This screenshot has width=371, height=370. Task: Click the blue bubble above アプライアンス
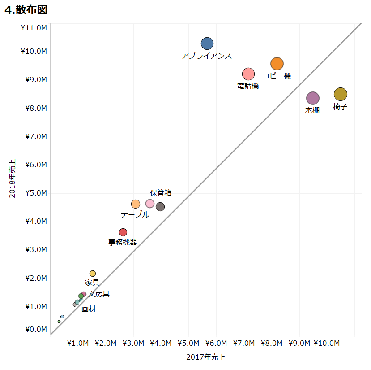pyautogui.click(x=207, y=44)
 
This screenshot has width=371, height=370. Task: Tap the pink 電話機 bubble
pyautogui.click(x=248, y=74)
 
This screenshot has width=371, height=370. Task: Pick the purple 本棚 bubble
pyautogui.click(x=312, y=98)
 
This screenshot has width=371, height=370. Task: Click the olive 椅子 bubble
pyautogui.click(x=341, y=94)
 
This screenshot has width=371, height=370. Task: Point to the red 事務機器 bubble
pyautogui.click(x=123, y=232)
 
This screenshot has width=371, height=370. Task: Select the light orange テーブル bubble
pyautogui.click(x=136, y=204)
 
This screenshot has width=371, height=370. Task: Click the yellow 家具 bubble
pyautogui.click(x=93, y=274)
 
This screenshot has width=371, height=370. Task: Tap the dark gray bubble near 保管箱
pyautogui.click(x=160, y=207)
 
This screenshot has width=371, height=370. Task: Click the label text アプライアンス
pyautogui.click(x=207, y=56)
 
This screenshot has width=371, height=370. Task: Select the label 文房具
pyautogui.click(x=99, y=294)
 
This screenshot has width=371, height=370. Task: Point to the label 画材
pyautogui.click(x=88, y=309)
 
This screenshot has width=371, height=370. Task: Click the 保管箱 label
pyautogui.click(x=161, y=193)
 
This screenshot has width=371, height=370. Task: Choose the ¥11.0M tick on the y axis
pyautogui.click(x=34, y=28)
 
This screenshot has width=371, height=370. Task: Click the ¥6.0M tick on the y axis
pyautogui.click(x=34, y=165)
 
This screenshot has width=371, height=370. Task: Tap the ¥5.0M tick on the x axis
pyautogui.click(x=188, y=344)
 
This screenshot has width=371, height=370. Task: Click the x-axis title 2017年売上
pyautogui.click(x=205, y=357)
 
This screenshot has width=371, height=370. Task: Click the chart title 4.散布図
pyautogui.click(x=26, y=10)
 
